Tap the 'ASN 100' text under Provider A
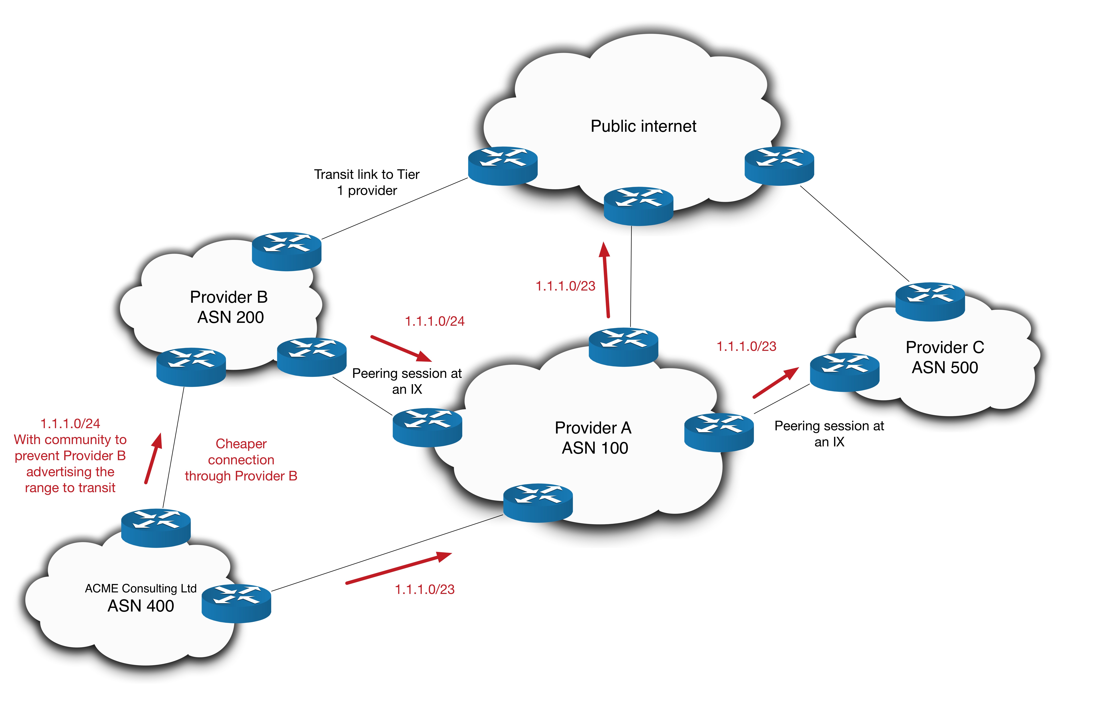point(595,448)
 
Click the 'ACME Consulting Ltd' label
point(140,588)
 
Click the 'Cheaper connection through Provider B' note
point(241,460)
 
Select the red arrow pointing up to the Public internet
point(606,280)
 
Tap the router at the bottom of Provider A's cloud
point(538,503)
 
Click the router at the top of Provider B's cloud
point(287,251)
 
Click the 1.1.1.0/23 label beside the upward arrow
point(565,286)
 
